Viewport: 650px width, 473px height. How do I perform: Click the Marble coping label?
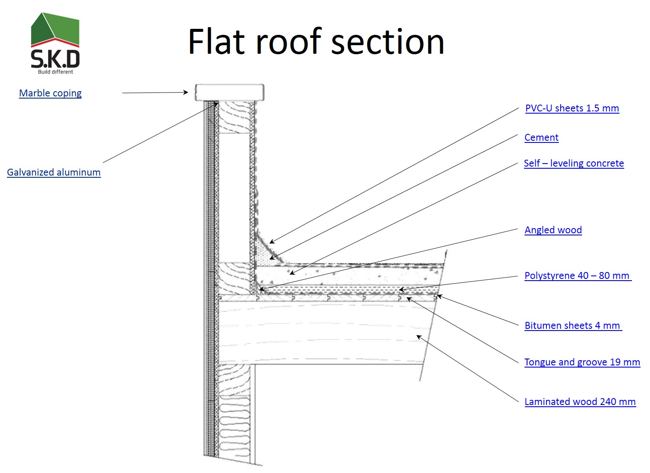(x=50, y=93)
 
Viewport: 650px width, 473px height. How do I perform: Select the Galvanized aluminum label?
(x=54, y=172)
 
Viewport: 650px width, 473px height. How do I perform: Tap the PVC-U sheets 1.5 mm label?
(x=572, y=108)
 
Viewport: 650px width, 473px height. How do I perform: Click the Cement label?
(x=541, y=137)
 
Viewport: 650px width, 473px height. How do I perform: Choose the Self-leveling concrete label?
(x=573, y=163)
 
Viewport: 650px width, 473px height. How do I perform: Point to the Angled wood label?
(x=553, y=230)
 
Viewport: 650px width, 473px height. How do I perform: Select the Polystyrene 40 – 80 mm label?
(x=577, y=275)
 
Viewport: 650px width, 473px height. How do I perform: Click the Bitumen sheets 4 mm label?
(x=572, y=325)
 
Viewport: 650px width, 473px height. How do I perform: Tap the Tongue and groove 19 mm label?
(x=582, y=362)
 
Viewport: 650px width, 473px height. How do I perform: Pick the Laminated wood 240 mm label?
(x=579, y=402)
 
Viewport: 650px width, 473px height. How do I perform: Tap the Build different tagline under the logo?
(x=55, y=72)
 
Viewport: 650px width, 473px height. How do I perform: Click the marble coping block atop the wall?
(x=229, y=92)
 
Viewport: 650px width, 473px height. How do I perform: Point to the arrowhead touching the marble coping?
(x=186, y=92)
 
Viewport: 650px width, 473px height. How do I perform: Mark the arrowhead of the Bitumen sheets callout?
(x=439, y=296)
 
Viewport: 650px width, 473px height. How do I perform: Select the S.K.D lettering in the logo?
(x=55, y=59)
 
